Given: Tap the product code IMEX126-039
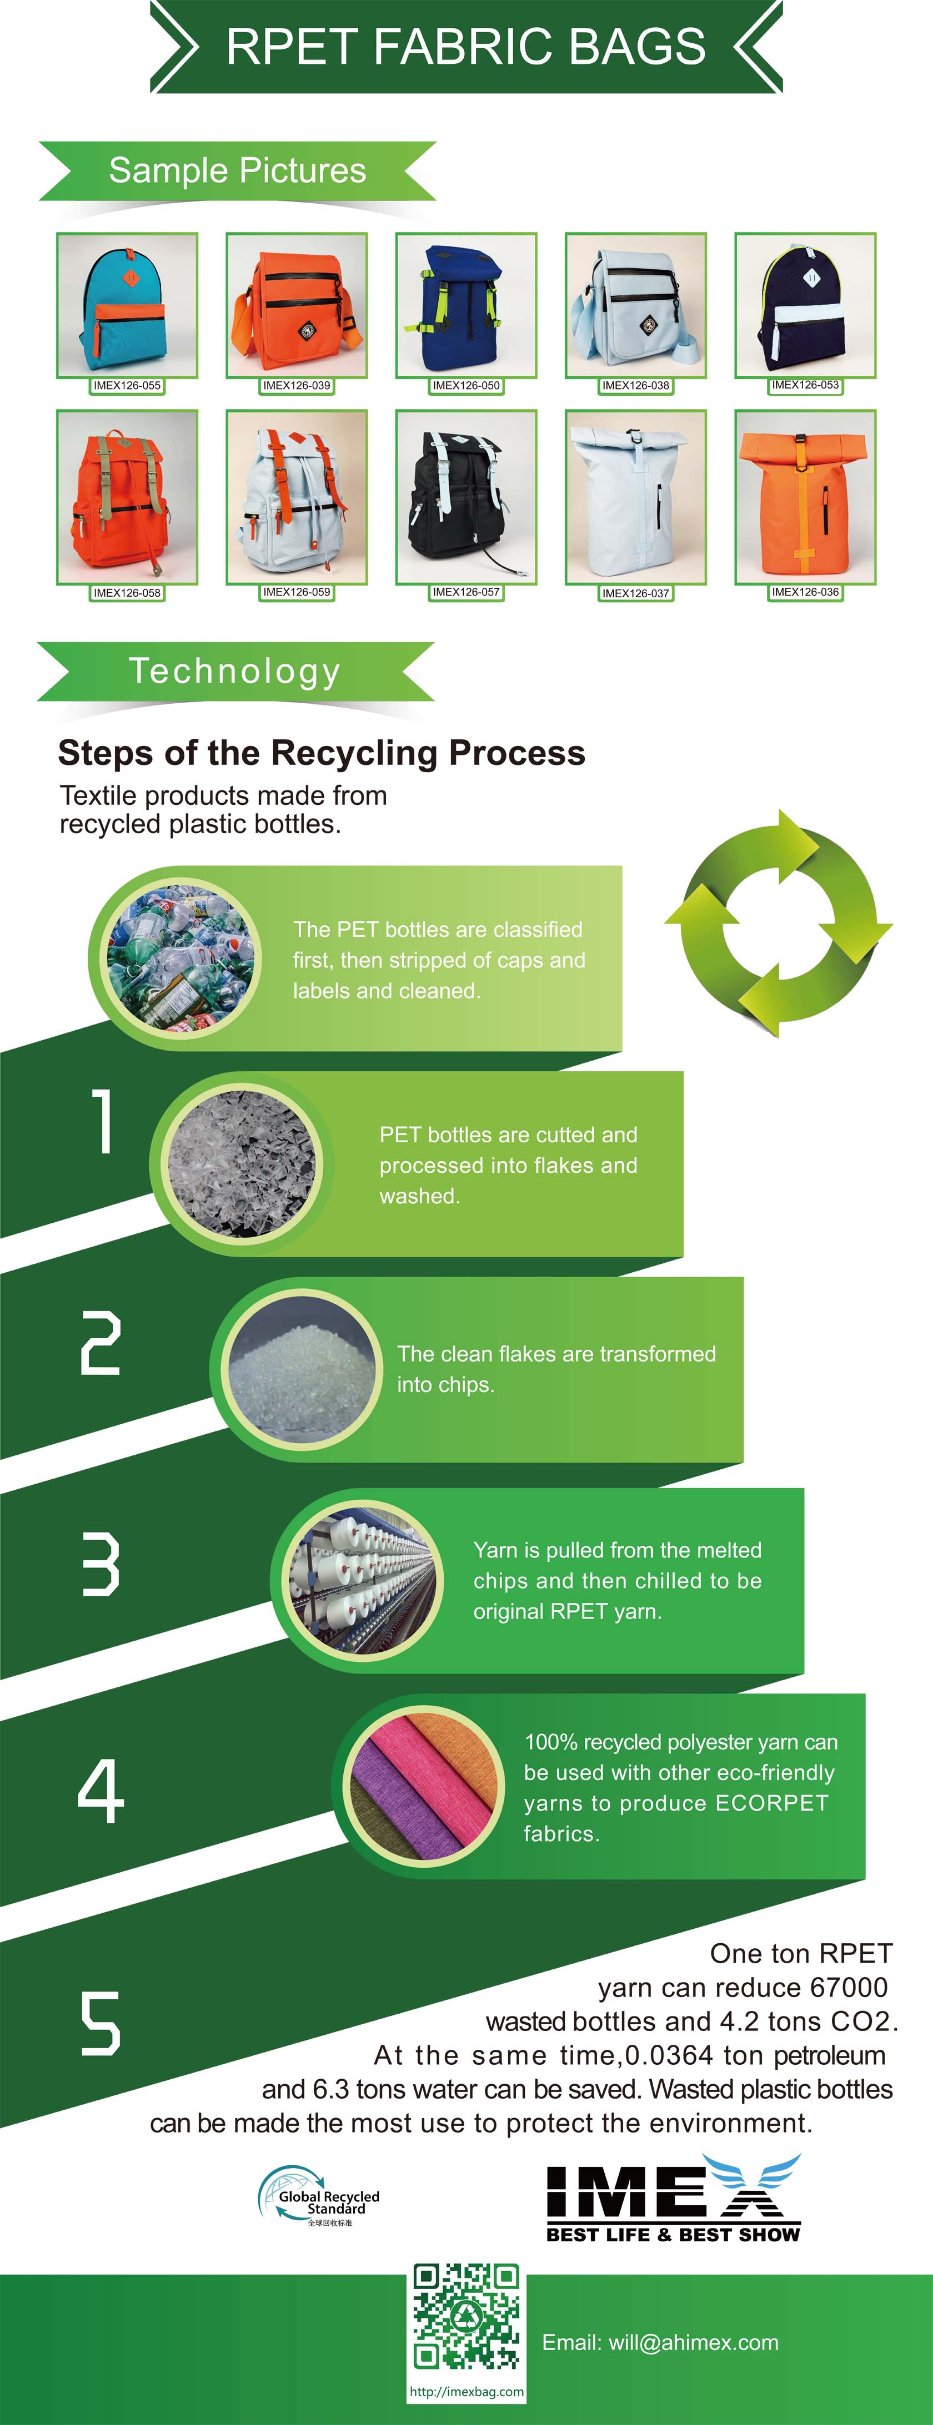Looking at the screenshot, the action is point(297,386).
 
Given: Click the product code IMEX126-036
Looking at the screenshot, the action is point(805,592).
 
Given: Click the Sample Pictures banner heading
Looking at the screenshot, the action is point(237,170).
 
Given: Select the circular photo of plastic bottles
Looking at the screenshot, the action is point(180,959).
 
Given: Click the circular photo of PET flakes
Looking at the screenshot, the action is point(244,1164).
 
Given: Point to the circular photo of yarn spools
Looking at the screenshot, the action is point(363,1581).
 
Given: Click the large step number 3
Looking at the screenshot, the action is point(101,1565).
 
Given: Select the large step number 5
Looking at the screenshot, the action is point(101,2022).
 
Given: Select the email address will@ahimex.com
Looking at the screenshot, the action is point(660,2343).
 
